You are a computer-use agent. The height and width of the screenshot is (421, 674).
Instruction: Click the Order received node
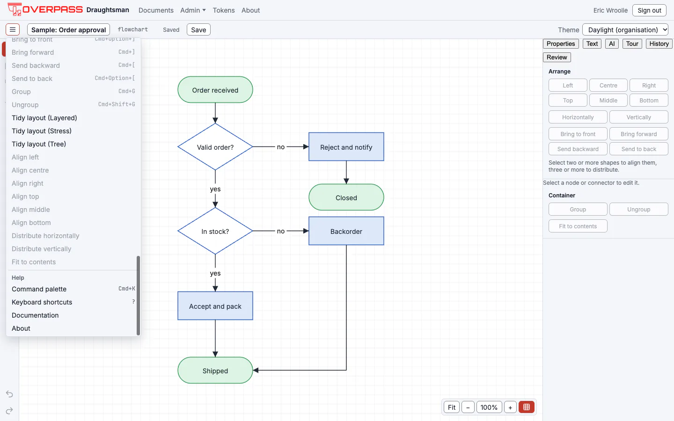pyautogui.click(x=215, y=90)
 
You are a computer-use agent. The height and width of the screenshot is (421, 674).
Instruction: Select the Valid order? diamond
pyautogui.click(x=215, y=147)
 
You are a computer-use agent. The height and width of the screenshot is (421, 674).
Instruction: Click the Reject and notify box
pyautogui.click(x=346, y=147)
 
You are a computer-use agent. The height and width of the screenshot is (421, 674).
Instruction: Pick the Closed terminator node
pyautogui.click(x=346, y=197)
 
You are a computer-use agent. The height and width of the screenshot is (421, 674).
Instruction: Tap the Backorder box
pyautogui.click(x=346, y=231)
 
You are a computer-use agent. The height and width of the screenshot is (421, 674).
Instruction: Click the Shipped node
pyautogui.click(x=215, y=370)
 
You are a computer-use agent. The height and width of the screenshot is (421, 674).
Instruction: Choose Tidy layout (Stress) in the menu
pyautogui.click(x=42, y=131)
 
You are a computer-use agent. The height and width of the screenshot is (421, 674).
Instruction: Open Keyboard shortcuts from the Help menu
pyautogui.click(x=42, y=302)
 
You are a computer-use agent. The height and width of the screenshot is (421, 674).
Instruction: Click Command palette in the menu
pyautogui.click(x=39, y=289)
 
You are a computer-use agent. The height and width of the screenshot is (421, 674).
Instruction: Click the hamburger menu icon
pyautogui.click(x=13, y=29)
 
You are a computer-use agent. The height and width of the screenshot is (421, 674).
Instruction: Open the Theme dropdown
pyautogui.click(x=625, y=30)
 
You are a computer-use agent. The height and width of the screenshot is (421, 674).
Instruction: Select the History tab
pyautogui.click(x=659, y=44)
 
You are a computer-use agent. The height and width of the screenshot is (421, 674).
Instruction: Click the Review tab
pyautogui.click(x=557, y=57)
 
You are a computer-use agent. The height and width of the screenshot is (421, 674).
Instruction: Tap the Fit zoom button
pyautogui.click(x=451, y=407)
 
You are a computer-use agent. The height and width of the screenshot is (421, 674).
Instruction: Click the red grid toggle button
pyautogui.click(x=526, y=407)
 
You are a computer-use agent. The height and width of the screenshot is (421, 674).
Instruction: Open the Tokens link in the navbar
pyautogui.click(x=224, y=10)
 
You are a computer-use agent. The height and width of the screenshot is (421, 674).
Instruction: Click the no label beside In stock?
pyautogui.click(x=281, y=231)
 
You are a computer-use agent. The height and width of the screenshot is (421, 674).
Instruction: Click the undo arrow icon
pyautogui.click(x=9, y=394)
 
